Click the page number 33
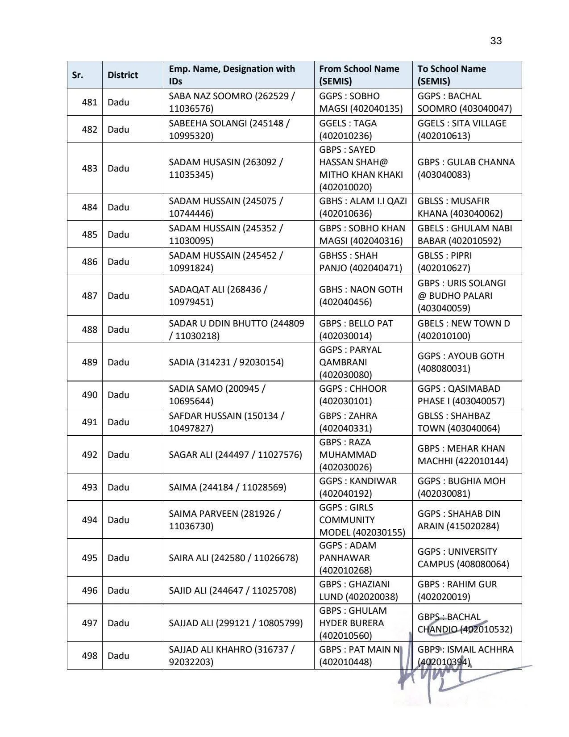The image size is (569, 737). (496, 41)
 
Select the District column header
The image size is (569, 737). (123, 75)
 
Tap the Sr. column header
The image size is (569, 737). (78, 75)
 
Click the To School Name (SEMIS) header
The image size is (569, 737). (452, 75)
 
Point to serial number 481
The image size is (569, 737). (89, 102)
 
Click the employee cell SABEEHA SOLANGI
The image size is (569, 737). (229, 130)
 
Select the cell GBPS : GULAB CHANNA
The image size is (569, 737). (466, 168)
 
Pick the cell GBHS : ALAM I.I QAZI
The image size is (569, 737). (363, 207)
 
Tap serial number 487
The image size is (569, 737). (89, 296)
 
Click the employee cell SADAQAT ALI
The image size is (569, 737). (218, 296)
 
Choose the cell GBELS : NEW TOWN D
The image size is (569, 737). (463, 330)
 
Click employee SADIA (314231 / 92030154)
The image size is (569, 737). (226, 362)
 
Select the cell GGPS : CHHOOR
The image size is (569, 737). (353, 395)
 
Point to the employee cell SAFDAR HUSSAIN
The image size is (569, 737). (226, 422)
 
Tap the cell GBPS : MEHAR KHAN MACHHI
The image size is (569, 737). (462, 455)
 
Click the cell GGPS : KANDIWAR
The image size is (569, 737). (357, 487)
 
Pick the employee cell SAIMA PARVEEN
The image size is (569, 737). (224, 520)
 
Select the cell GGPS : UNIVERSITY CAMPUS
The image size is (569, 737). (463, 558)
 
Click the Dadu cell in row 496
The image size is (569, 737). (118, 590)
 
